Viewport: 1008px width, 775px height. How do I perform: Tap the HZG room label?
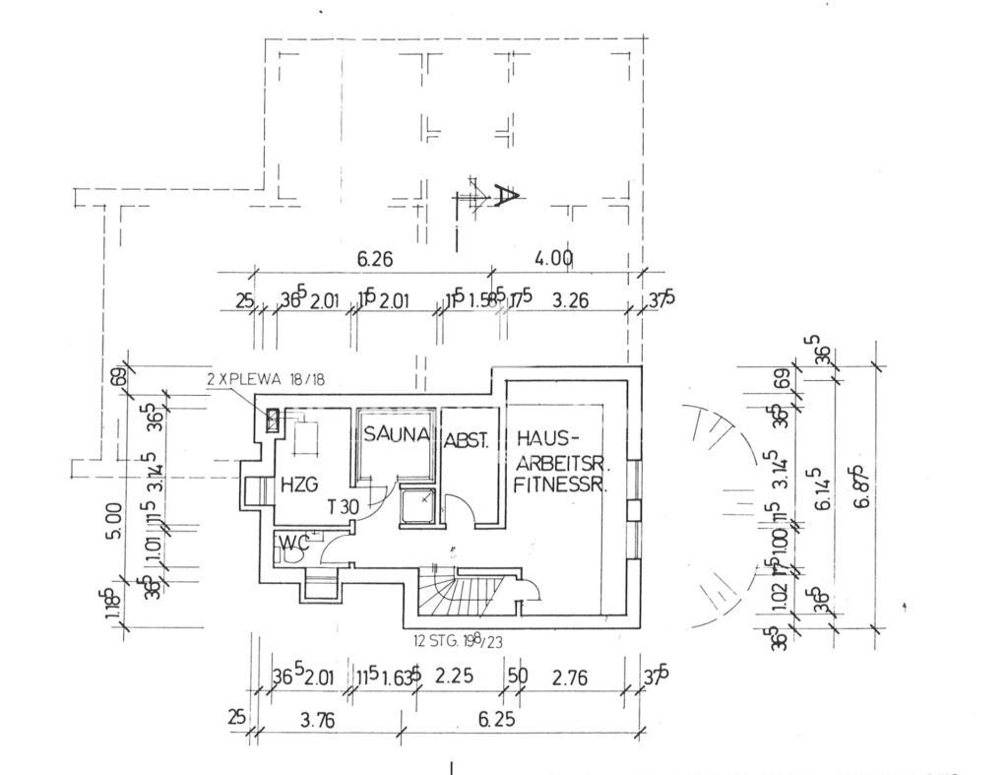tap(297, 484)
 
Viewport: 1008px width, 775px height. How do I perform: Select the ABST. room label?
tap(468, 441)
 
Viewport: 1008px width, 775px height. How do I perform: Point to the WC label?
tap(292, 541)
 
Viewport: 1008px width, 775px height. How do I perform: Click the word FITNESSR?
tap(560, 484)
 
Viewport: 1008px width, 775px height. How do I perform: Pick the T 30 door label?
tap(343, 507)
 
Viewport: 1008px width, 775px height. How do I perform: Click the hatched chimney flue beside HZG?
tap(273, 421)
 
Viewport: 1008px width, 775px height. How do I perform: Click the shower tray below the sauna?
tap(421, 505)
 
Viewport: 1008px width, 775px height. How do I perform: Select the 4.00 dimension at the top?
tap(554, 258)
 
